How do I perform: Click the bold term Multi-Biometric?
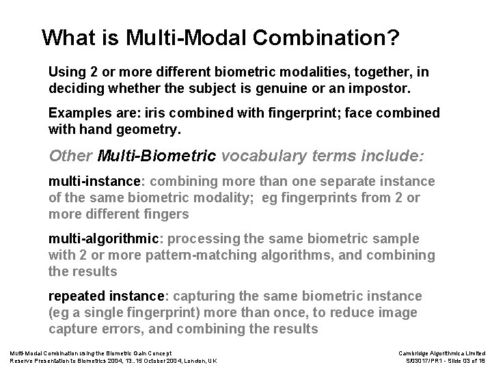[158, 155]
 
